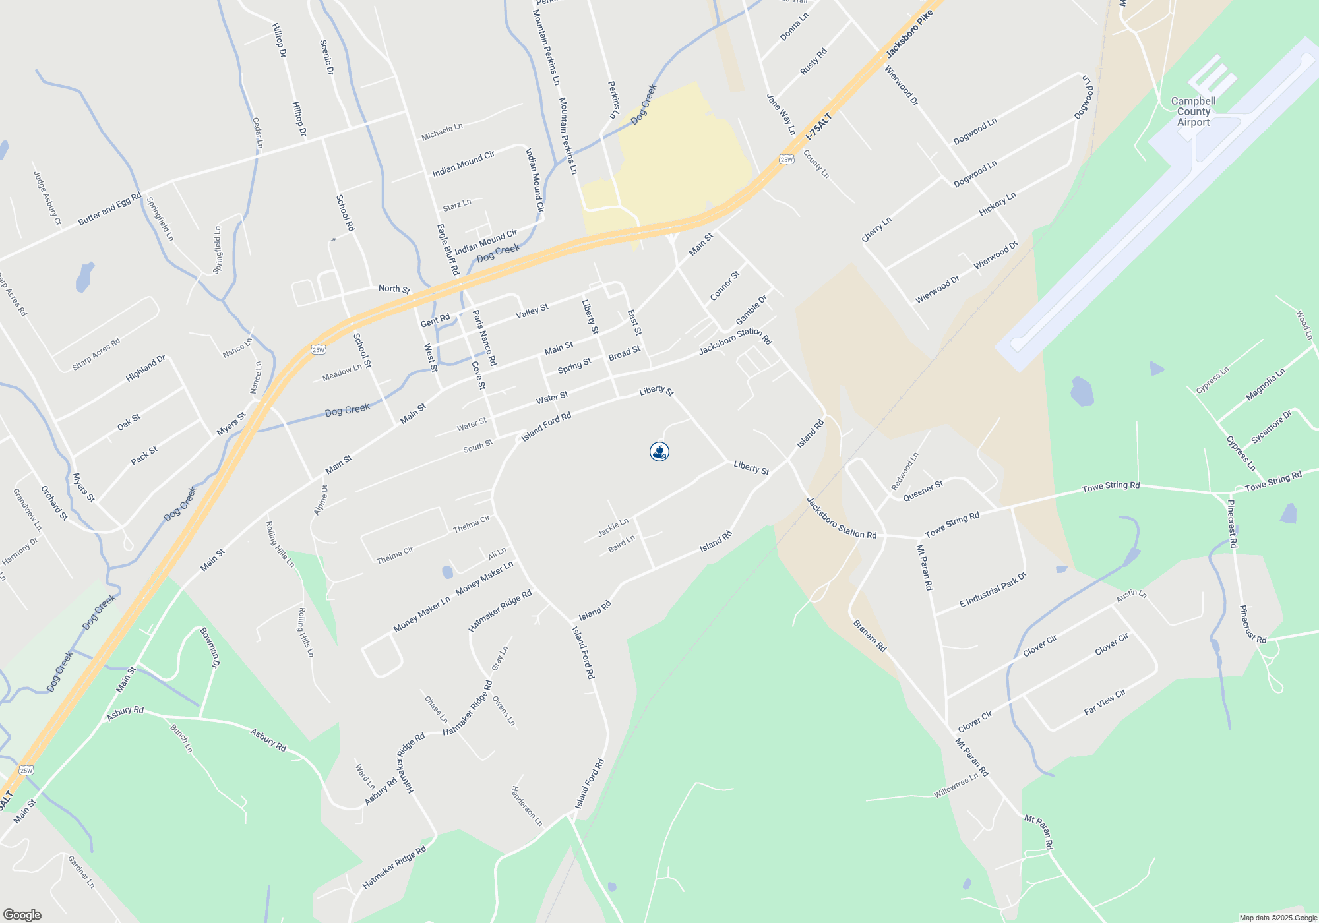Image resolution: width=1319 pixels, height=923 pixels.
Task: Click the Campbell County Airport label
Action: tap(1193, 111)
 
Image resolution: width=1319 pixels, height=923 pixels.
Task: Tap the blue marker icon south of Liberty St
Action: tap(659, 452)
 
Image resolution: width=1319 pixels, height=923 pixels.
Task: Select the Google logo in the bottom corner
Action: tap(22, 914)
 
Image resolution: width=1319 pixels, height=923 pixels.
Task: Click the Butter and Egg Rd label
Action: tap(109, 209)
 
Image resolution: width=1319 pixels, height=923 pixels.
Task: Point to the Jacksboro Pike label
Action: tap(909, 34)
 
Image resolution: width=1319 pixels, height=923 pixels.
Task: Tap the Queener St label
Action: tap(923, 491)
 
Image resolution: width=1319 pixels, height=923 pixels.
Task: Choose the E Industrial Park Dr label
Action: tap(993, 589)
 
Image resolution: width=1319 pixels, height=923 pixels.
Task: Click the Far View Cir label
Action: tap(1105, 702)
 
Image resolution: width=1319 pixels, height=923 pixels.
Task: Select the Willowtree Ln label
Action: tap(956, 787)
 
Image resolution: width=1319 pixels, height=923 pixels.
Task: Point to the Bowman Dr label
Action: tap(210, 648)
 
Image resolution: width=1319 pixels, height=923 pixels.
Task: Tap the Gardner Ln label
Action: tap(81, 872)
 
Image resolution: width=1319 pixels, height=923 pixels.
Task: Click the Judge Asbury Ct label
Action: tap(47, 198)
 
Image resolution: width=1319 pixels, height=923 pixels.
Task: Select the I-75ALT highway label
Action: tap(819, 126)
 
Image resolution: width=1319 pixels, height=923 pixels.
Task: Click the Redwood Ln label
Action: tap(905, 471)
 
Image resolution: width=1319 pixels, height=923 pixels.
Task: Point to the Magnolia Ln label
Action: tap(1266, 385)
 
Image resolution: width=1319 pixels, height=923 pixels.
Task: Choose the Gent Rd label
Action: tap(435, 320)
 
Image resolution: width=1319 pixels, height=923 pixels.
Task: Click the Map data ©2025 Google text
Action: tap(1278, 918)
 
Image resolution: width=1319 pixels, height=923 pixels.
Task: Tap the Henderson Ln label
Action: tap(527, 806)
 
